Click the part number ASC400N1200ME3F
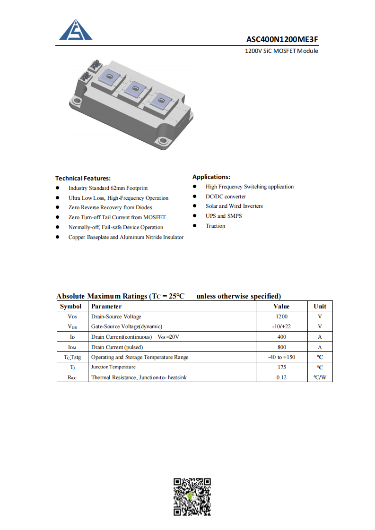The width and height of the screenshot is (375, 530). (282, 39)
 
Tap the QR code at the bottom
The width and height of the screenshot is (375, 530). (192, 496)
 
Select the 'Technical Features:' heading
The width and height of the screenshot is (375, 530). (83, 178)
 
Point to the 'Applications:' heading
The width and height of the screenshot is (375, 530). (211, 177)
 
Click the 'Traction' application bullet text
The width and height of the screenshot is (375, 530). (215, 226)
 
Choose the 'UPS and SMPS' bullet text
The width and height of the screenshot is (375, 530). (223, 216)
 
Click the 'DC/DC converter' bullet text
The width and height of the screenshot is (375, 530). (226, 197)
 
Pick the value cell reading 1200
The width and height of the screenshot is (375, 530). (281, 316)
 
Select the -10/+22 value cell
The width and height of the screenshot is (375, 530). (281, 326)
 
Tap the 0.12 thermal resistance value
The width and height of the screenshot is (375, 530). (281, 377)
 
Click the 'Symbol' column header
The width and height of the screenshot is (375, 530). (70, 306)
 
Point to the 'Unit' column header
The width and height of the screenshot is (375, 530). (320, 306)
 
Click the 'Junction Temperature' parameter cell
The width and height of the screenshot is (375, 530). (113, 367)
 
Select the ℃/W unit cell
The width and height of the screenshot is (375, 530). (320, 377)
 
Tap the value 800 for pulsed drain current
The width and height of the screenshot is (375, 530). (281, 347)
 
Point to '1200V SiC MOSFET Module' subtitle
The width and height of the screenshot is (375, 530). (281, 51)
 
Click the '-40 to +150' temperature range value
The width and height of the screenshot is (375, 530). (281, 357)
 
